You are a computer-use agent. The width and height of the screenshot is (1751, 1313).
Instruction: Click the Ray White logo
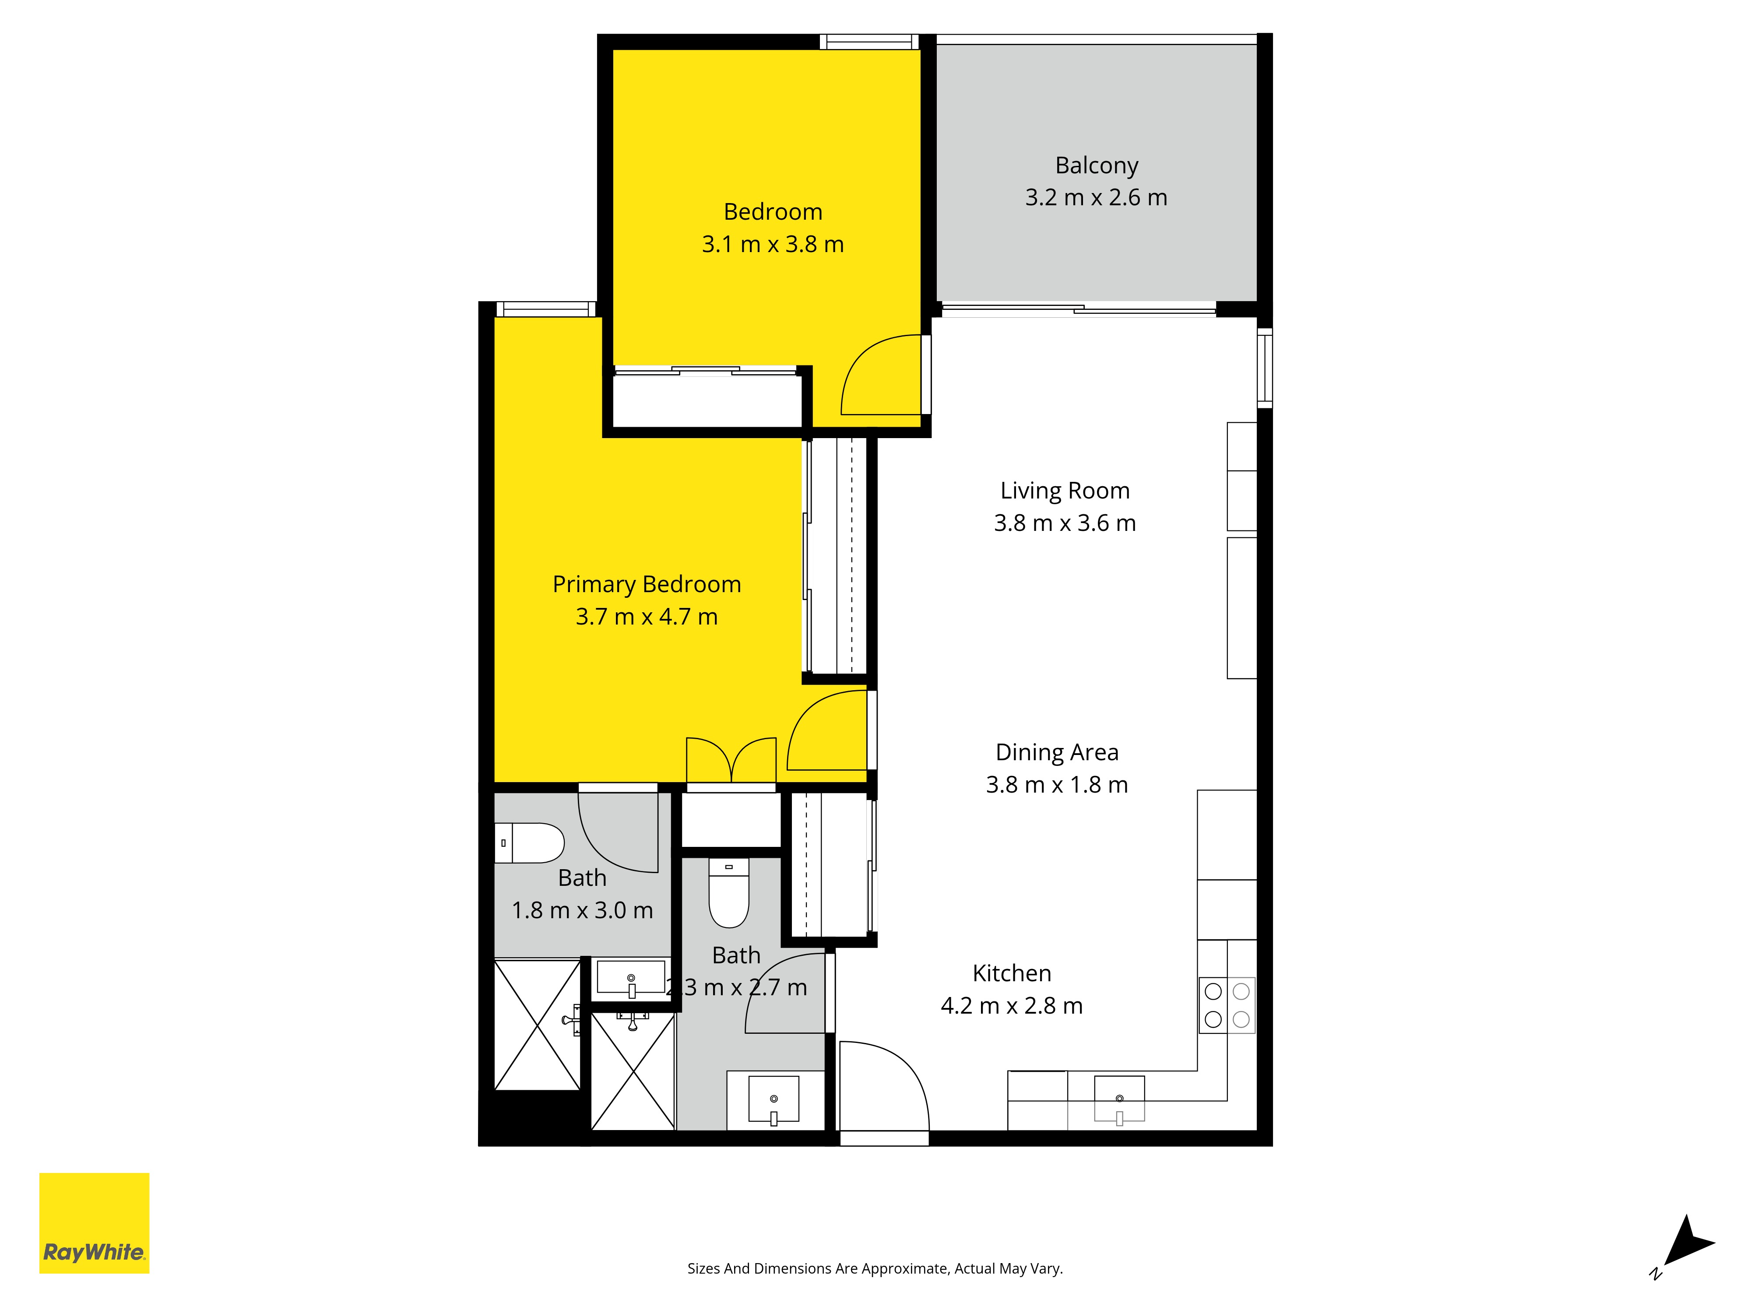(94, 1223)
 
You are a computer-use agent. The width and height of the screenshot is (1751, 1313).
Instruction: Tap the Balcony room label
(1097, 165)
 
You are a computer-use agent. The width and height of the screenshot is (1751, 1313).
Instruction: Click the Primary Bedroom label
(647, 584)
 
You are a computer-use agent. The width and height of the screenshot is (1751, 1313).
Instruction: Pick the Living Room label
(1065, 491)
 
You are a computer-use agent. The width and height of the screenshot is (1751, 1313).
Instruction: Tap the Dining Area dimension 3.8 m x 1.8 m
(1057, 784)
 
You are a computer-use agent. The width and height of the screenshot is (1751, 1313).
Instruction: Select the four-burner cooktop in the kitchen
(1227, 1005)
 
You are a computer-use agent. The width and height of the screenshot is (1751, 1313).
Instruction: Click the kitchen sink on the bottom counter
(1119, 1099)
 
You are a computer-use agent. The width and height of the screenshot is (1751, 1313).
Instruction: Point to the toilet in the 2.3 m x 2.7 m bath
(729, 893)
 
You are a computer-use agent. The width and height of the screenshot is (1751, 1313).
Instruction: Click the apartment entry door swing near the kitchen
(883, 1086)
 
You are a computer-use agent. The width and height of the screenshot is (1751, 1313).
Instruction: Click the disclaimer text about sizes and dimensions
(875, 1269)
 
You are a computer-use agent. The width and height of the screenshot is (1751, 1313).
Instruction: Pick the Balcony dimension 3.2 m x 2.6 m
(1097, 197)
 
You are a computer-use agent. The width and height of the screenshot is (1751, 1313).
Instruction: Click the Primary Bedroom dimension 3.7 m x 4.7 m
(647, 617)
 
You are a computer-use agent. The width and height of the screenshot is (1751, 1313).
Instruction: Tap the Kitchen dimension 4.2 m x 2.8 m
(1012, 1005)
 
